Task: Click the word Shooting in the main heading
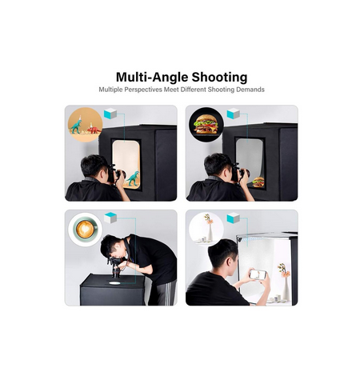219,78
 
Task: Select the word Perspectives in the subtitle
143,90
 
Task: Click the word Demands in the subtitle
250,90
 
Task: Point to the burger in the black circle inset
206,124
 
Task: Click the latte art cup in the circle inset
86,230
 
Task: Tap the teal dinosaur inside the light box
133,178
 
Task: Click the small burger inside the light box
258,182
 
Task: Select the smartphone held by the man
258,274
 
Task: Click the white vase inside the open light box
286,289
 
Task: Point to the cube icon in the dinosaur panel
110,114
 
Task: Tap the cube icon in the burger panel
234,114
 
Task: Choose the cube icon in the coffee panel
110,218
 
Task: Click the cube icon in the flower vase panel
234,218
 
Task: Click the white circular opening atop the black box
115,282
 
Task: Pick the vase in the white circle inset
210,232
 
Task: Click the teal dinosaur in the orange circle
76,126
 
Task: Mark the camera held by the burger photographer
240,172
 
